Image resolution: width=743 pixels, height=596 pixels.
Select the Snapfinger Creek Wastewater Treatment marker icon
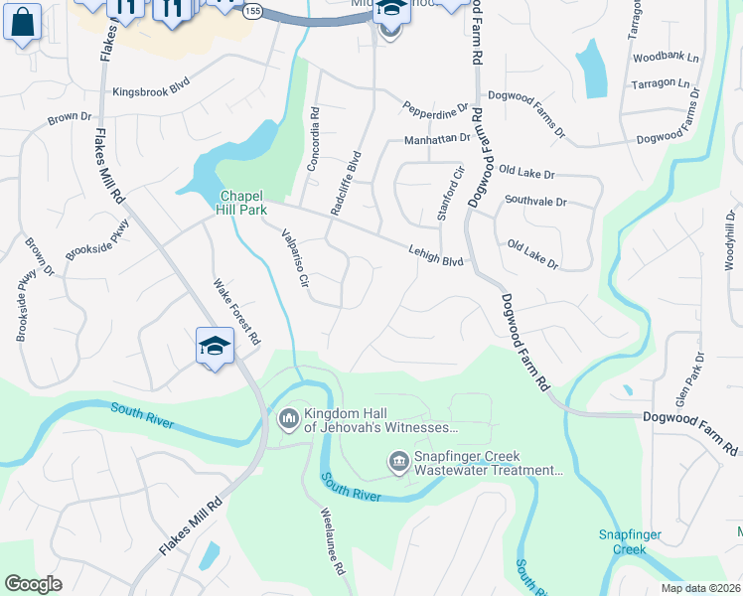[x=398, y=462]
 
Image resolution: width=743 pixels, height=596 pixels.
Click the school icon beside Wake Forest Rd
[x=215, y=347]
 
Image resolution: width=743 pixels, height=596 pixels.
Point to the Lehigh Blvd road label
[x=436, y=256]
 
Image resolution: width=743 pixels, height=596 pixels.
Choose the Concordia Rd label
[x=314, y=139]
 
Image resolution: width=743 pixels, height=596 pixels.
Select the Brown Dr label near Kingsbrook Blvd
[x=70, y=117]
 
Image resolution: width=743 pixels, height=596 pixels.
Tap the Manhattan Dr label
[x=436, y=140]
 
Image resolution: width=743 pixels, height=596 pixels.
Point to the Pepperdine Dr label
[x=434, y=106]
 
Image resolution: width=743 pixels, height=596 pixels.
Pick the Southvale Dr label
[x=534, y=201]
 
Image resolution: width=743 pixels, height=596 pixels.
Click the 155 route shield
[x=252, y=10]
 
